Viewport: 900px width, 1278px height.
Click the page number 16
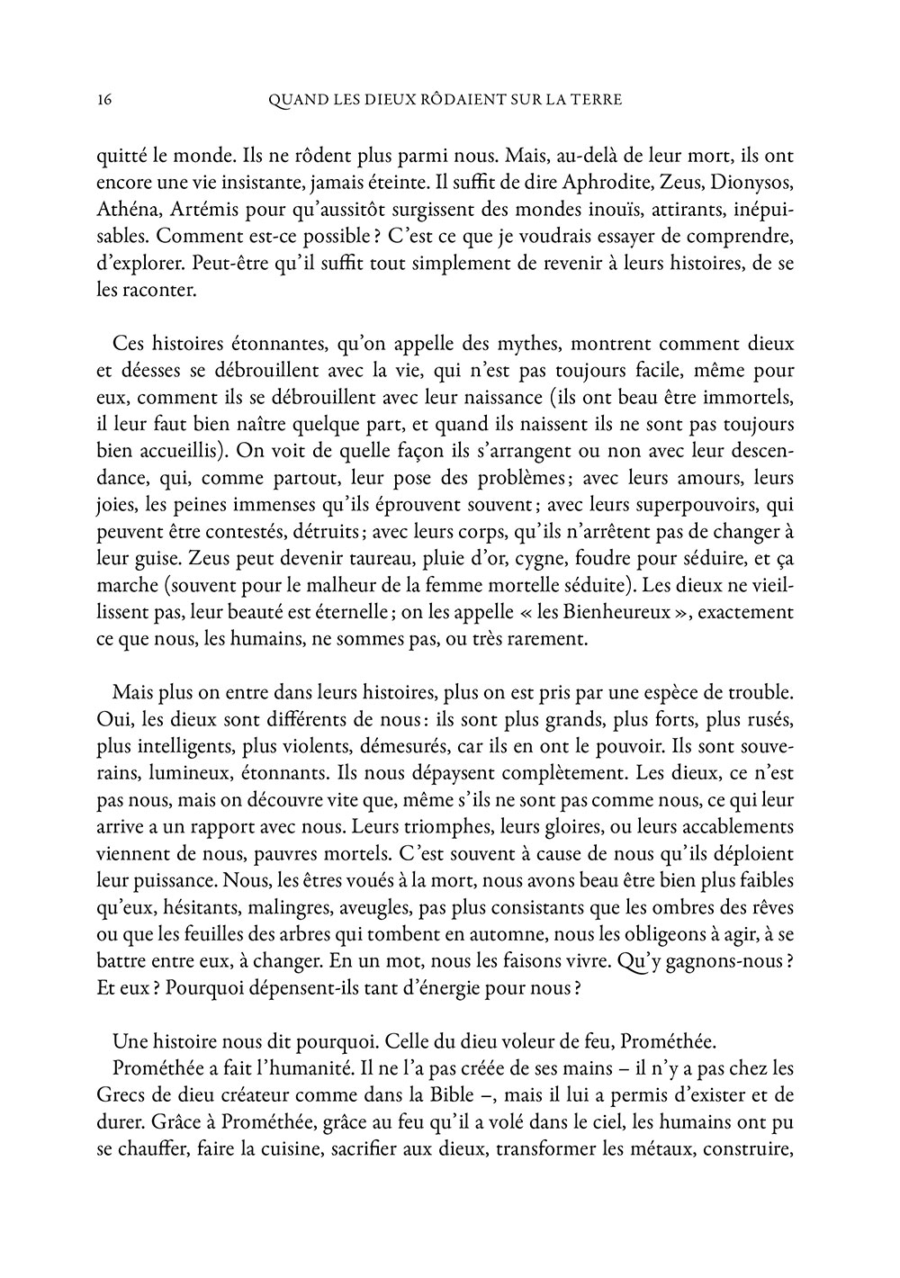click(102, 100)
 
